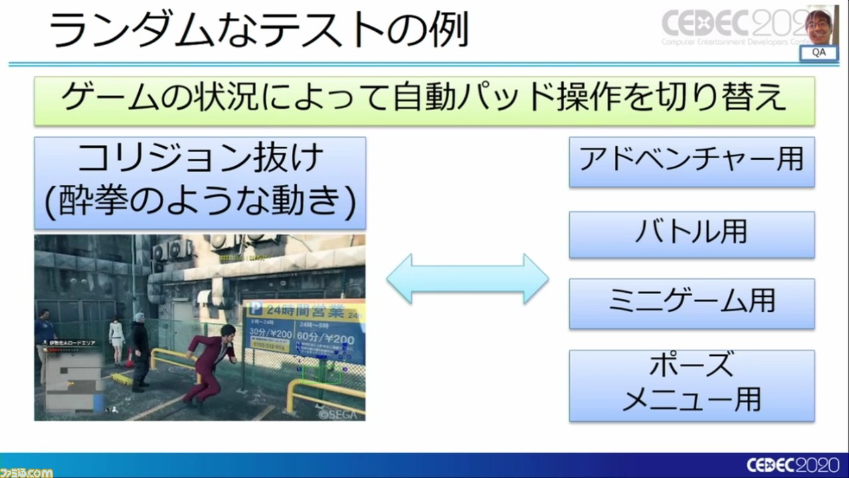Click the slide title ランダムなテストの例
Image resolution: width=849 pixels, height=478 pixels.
click(259, 31)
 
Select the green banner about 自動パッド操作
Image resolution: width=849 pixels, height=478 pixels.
click(424, 100)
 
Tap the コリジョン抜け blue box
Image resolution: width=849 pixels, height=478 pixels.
click(200, 183)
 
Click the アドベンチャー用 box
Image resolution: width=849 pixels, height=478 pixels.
click(691, 162)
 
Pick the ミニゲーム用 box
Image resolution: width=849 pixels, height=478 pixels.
click(691, 303)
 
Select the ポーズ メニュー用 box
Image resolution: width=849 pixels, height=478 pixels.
click(691, 385)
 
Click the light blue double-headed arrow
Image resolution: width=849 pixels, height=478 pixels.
click(468, 278)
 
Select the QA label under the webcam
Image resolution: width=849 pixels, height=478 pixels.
click(819, 53)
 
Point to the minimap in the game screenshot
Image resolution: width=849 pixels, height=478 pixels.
click(70, 378)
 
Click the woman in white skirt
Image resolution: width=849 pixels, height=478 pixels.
click(117, 339)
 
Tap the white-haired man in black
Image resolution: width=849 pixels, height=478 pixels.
click(139, 349)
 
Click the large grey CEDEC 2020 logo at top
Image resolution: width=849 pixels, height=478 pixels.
click(730, 25)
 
